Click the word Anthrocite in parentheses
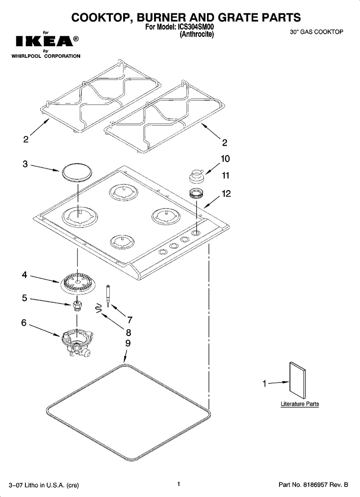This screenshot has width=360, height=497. [197, 34]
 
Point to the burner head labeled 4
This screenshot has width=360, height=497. [77, 284]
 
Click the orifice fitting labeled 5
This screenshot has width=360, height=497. [77, 306]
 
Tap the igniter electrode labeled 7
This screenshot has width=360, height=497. [108, 296]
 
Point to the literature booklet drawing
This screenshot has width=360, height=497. [297, 381]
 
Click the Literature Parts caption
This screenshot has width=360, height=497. [300, 404]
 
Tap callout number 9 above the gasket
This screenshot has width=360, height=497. [128, 343]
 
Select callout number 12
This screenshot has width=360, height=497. [226, 194]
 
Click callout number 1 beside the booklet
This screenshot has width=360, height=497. [264, 383]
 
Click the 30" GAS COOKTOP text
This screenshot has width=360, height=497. [317, 32]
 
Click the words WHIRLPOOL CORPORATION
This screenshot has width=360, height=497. [46, 56]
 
